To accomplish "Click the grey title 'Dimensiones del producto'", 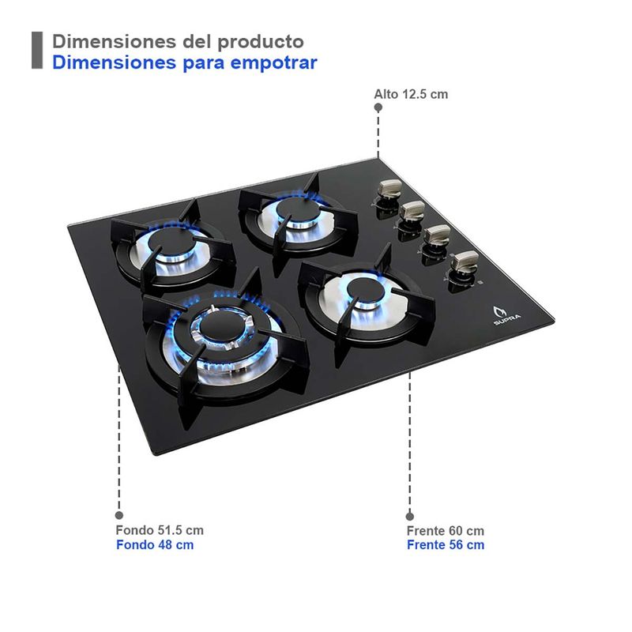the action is click(x=178, y=42).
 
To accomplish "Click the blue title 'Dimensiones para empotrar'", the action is click(x=185, y=63).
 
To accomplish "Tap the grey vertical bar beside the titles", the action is click(x=37, y=51).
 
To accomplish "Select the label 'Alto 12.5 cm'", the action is click(x=411, y=94).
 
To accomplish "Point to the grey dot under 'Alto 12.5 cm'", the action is click(x=378, y=107).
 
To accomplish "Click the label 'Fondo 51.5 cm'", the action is click(x=160, y=530).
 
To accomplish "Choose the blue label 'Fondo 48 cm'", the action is click(x=155, y=545).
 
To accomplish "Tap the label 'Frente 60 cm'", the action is click(x=446, y=531).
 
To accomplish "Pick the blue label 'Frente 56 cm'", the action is click(x=446, y=545).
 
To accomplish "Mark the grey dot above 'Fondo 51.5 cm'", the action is click(x=119, y=515).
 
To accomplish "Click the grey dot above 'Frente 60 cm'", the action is click(x=410, y=517).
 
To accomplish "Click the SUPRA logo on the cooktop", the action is click(x=506, y=315).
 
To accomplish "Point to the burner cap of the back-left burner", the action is click(x=171, y=242).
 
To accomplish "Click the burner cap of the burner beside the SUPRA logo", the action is click(x=366, y=290).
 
